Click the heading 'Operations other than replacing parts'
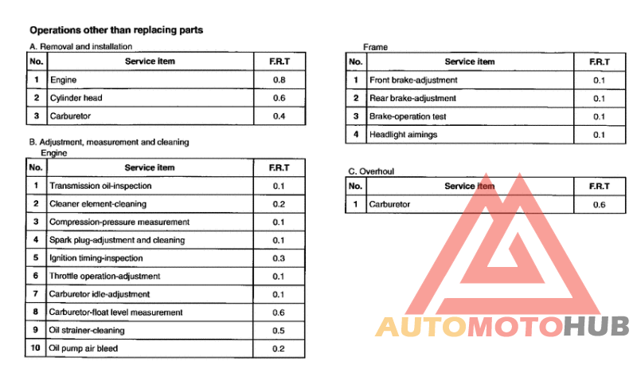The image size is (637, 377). point(115,30)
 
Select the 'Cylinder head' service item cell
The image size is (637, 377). point(76,98)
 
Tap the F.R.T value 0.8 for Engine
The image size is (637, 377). point(279,80)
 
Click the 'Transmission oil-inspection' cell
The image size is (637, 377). point(100,186)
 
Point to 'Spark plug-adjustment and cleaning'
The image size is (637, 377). point(117,240)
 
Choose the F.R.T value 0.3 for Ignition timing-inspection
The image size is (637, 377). point(279,258)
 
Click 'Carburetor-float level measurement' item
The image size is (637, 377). point(115,312)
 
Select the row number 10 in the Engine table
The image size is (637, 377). point(36,348)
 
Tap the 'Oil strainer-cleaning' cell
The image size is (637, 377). point(87,330)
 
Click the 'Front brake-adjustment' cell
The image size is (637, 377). point(413,80)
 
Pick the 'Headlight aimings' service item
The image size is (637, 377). point(404,134)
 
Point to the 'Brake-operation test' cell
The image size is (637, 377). point(408,116)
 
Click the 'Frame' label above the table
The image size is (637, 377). point(374,47)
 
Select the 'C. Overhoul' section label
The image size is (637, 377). point(371,171)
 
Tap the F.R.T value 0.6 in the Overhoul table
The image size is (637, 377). point(600,205)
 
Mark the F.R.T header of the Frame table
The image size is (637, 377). point(600,61)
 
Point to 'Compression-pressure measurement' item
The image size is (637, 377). point(119,222)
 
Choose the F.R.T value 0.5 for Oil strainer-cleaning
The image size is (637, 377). point(279,330)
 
